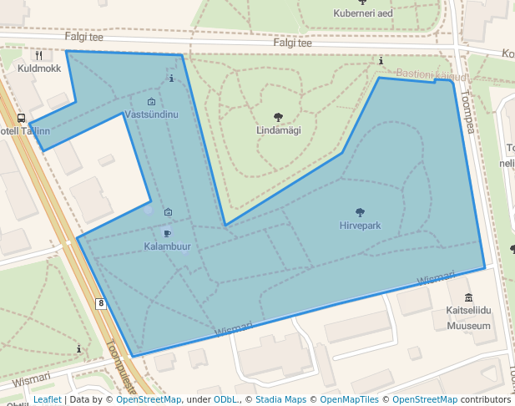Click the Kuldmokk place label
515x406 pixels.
pyautogui.click(x=39, y=69)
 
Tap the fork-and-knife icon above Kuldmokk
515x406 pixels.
pyautogui.click(x=38, y=55)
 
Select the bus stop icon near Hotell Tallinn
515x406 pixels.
pyautogui.click(x=21, y=119)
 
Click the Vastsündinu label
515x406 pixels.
pyautogui.click(x=151, y=114)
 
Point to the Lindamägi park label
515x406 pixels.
pyautogui.click(x=278, y=130)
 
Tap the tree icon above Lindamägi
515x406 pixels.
pyautogui.click(x=278, y=117)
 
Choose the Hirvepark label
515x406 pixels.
pyautogui.click(x=360, y=226)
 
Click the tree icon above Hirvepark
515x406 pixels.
pyautogui.click(x=360, y=212)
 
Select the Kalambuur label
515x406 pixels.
pyautogui.click(x=167, y=246)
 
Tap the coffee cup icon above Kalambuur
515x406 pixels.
pyautogui.click(x=167, y=233)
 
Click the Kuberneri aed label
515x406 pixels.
pyautogui.click(x=362, y=13)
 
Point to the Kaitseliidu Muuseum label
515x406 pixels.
pyautogui.click(x=467, y=318)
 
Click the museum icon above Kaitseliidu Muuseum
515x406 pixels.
pyautogui.click(x=468, y=298)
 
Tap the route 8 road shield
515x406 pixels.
pyautogui.click(x=101, y=303)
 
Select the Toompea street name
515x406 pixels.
pyautogui.click(x=467, y=113)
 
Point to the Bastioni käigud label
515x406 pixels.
pyautogui.click(x=432, y=74)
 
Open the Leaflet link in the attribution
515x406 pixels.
pyautogui.click(x=47, y=399)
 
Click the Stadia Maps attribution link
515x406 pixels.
pyautogui.click(x=280, y=399)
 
